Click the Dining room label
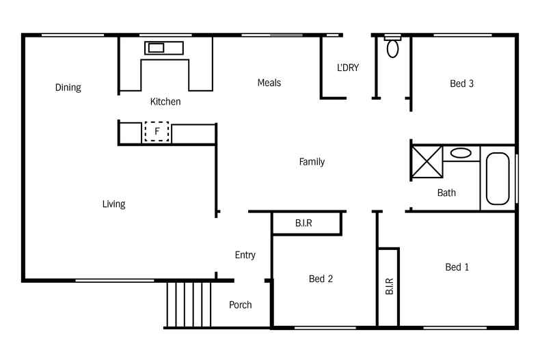[x=68, y=87]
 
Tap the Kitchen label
[x=165, y=102]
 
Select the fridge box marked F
[x=157, y=131]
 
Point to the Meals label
[x=269, y=83]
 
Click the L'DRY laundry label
[x=348, y=68]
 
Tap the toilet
[x=392, y=47]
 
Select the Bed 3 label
[x=461, y=84]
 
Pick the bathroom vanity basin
[x=461, y=153]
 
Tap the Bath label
[x=446, y=193]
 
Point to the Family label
[x=312, y=162]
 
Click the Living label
[x=113, y=204]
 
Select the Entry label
[x=245, y=255]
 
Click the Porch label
[x=240, y=305]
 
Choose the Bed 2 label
[x=321, y=279]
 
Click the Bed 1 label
[x=457, y=267]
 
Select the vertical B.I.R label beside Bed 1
[x=389, y=286]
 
